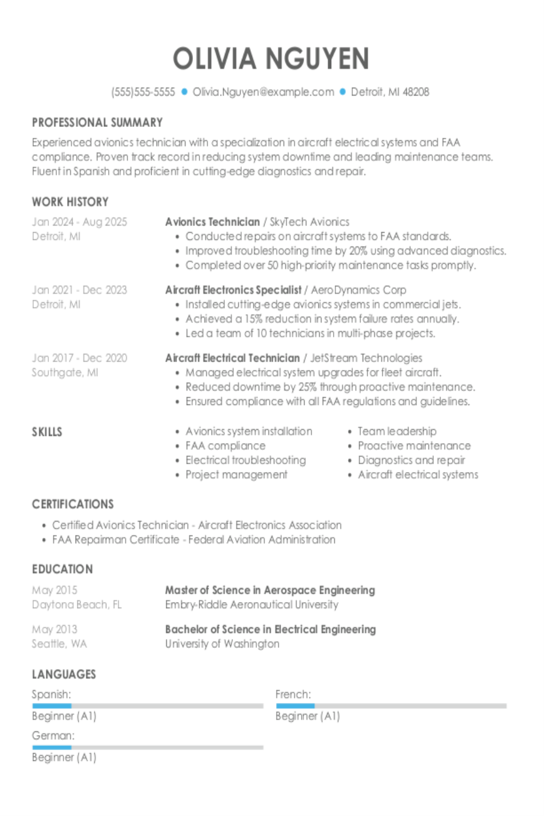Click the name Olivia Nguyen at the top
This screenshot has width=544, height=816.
click(x=271, y=59)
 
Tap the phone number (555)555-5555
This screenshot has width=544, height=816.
click(x=143, y=92)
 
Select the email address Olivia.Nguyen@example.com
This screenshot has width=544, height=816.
click(x=263, y=92)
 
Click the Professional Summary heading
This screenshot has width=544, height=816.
click(x=97, y=123)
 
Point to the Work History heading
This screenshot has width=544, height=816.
click(x=70, y=202)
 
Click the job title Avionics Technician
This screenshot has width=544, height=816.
click(x=212, y=222)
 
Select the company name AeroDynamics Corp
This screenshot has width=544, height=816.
click(x=358, y=290)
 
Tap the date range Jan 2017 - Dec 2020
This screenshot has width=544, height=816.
click(x=79, y=358)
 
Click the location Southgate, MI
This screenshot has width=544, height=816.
click(x=65, y=372)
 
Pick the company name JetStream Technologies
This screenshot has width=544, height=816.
click(x=366, y=358)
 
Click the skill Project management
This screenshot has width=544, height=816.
click(x=236, y=474)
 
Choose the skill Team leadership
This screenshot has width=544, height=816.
click(x=397, y=431)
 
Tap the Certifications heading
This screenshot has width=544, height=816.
click(x=73, y=504)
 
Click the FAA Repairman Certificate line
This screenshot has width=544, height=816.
click(x=193, y=540)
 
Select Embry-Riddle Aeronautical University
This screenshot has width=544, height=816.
click(x=251, y=604)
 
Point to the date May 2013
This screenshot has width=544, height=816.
click(x=54, y=629)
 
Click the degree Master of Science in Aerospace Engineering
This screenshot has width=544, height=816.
click(x=270, y=590)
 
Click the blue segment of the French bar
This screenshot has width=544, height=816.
click(x=295, y=705)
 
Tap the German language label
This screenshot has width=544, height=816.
click(x=53, y=736)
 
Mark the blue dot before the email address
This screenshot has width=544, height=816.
click(x=185, y=92)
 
